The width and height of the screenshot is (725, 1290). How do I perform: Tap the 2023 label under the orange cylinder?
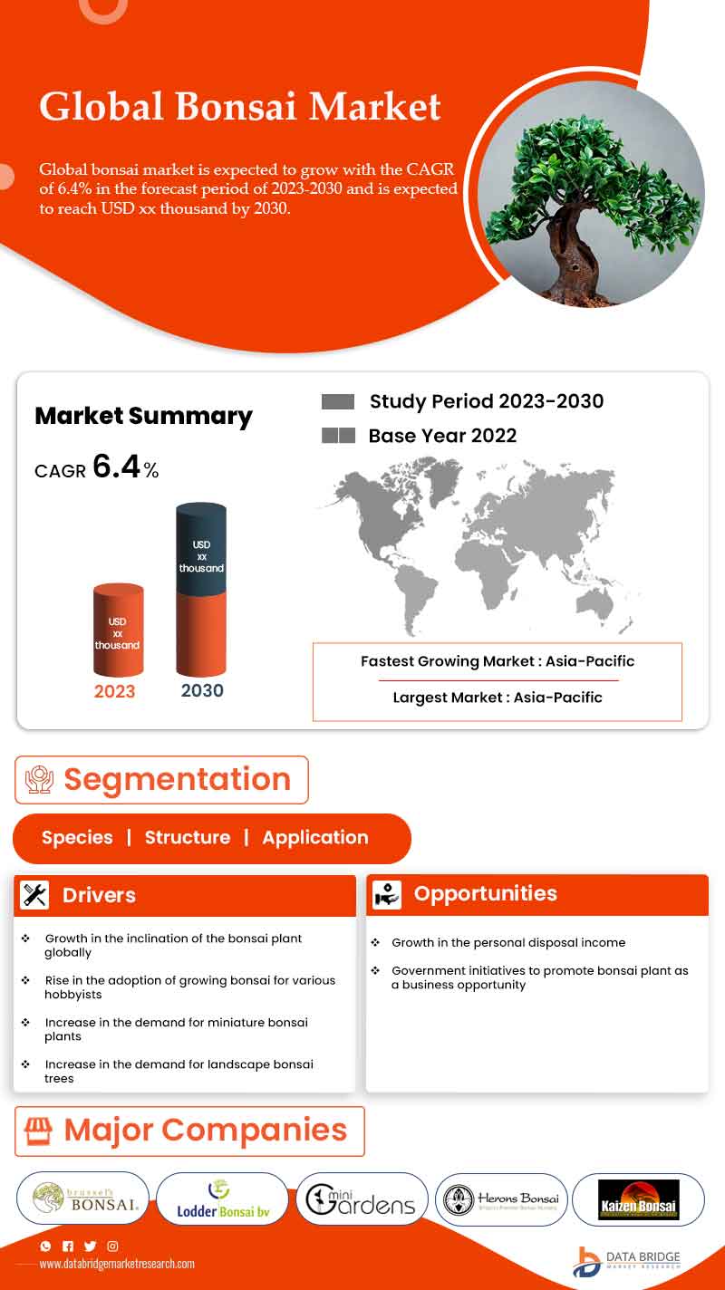coord(115,691)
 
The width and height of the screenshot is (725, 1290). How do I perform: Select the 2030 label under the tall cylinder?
coord(202,690)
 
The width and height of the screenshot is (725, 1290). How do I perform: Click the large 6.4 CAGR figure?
coord(117,467)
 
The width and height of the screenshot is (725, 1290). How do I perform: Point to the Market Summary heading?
coord(143,416)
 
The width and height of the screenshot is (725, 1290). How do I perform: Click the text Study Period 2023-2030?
coord(486,401)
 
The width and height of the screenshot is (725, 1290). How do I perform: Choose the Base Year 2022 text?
coord(442,436)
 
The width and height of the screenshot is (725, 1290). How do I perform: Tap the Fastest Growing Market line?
coord(498,661)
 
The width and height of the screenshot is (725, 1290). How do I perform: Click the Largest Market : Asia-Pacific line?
coord(498,698)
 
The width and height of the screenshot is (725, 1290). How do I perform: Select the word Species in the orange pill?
coord(77,838)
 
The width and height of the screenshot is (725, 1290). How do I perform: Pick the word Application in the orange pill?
coord(315,838)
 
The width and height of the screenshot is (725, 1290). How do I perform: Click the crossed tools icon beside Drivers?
coord(35,895)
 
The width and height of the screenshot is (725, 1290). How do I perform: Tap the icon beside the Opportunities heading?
coord(387,894)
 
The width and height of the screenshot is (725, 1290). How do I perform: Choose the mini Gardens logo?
coord(362,1199)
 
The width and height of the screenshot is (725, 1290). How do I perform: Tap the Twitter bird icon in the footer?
coord(90,1247)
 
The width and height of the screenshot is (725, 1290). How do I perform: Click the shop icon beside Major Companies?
coord(39,1131)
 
